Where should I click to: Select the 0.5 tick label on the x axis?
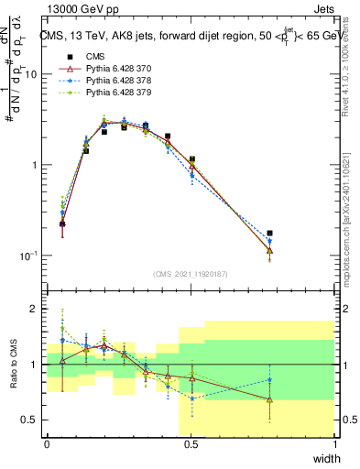191,444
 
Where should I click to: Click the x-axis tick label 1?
336,444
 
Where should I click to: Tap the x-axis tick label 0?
47,444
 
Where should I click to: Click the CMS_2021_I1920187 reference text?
191,272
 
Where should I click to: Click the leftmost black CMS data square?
62,224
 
